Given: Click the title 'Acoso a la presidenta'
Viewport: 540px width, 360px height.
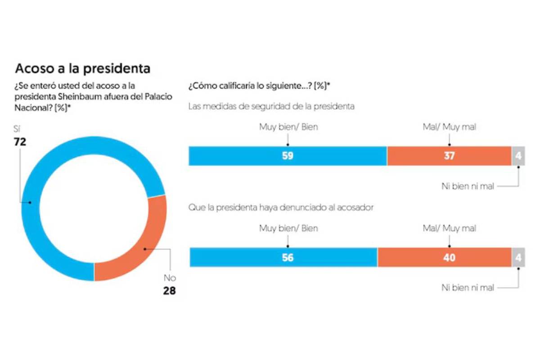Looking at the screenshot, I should [x=82, y=68].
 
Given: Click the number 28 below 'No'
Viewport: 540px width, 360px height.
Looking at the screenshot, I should [x=169, y=291].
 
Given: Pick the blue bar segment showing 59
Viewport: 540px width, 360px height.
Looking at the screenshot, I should [x=288, y=156].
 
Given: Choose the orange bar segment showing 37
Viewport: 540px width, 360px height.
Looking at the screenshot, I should [x=449, y=156].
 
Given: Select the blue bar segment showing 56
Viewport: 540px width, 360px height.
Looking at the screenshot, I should [x=283, y=257].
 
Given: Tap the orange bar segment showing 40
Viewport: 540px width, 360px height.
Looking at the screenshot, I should [x=444, y=257].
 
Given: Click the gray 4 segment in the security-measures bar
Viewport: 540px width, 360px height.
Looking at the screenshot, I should [x=518, y=156].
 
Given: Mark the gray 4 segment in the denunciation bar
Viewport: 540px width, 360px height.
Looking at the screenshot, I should [x=518, y=257].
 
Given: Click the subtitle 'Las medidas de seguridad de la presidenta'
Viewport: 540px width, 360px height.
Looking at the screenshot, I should [x=271, y=107].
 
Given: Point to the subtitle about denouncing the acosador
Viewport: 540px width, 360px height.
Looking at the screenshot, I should [x=281, y=208].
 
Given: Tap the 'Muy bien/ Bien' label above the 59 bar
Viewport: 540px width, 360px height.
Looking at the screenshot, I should [x=288, y=127].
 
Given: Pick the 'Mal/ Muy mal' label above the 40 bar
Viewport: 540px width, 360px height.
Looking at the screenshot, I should [x=449, y=229].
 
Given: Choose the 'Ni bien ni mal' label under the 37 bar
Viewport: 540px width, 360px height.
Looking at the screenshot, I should [x=468, y=186].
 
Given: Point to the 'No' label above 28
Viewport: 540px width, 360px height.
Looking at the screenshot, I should [x=169, y=278].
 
